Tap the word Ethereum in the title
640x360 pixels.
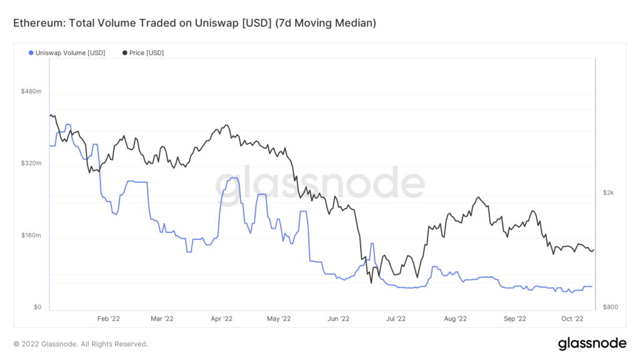point(36,23)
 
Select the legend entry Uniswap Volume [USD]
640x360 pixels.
point(71,53)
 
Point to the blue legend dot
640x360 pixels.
point(31,53)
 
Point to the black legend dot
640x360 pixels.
point(125,53)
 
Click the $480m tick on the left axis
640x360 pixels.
point(31,91)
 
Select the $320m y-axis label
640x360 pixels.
point(31,164)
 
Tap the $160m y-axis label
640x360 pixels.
point(31,236)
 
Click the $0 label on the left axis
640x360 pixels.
point(37,307)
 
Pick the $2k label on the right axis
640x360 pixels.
point(608,193)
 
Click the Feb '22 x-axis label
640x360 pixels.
point(108,319)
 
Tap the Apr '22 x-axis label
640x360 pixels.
point(222,319)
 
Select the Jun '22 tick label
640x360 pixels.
point(338,319)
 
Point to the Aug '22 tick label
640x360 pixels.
point(454,319)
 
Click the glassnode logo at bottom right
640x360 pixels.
point(591,343)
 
